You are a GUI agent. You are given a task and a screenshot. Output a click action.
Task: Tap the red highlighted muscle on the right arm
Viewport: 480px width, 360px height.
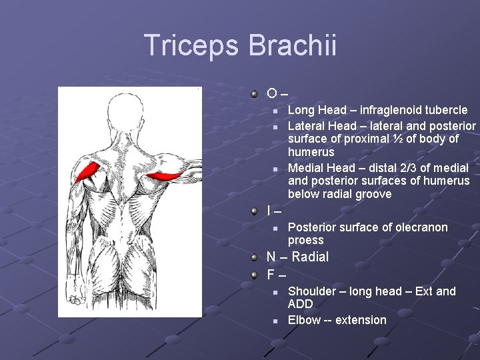(163, 177)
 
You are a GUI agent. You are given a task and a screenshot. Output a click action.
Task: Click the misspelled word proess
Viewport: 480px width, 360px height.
(305, 240)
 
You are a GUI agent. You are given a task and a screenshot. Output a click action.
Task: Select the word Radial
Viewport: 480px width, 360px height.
(310, 257)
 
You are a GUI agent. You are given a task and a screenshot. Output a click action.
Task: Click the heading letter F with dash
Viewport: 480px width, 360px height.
(276, 275)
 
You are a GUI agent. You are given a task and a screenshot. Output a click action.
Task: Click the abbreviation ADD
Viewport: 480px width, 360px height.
(300, 304)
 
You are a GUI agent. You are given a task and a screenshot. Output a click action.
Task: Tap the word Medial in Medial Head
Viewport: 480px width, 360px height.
(305, 168)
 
